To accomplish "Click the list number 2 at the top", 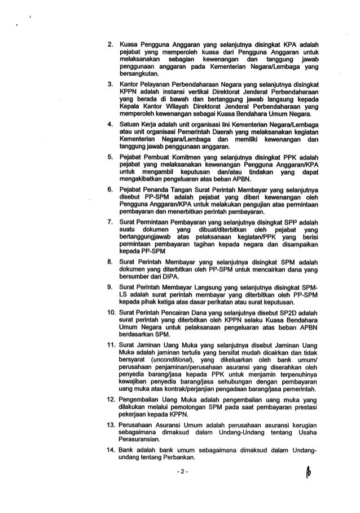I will pyautogui.click(x=110, y=43).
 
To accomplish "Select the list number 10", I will pyautogui.click(x=109, y=312).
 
